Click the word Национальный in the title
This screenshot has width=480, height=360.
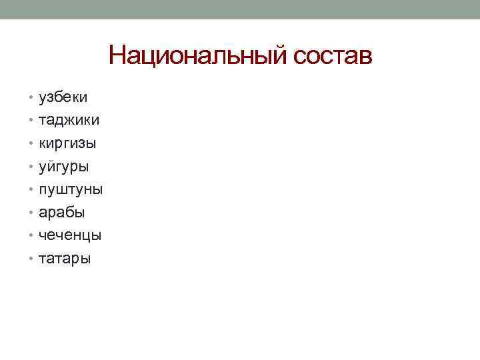pyautogui.click(x=197, y=55)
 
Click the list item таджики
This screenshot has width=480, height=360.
pyautogui.click(x=69, y=121)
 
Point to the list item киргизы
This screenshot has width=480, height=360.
pyautogui.click(x=67, y=144)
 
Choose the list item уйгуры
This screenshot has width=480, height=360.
pyautogui.click(x=64, y=167)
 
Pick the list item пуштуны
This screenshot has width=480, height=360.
pyautogui.click(x=71, y=189)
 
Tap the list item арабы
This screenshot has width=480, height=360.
pyautogui.click(x=62, y=213)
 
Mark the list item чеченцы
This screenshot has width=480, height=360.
pyautogui.click(x=70, y=235)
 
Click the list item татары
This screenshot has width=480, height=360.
pyautogui.click(x=65, y=258)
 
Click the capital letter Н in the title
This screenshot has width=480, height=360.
pyautogui.click(x=117, y=55)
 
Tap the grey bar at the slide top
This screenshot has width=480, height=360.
pyautogui.click(x=240, y=9)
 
